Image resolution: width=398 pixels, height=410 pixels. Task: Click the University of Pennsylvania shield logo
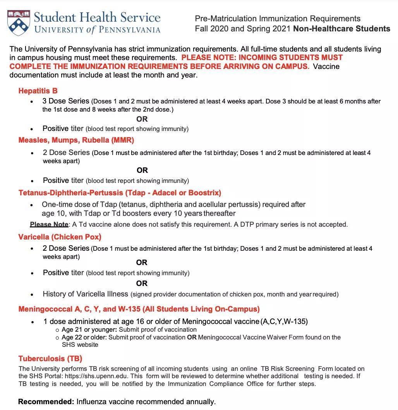pos(19,23)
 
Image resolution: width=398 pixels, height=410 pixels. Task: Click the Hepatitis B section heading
pos(38,91)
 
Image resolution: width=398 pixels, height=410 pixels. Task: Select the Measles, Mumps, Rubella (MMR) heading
pos(76,140)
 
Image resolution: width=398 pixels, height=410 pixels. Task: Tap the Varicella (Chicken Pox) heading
pos(60,237)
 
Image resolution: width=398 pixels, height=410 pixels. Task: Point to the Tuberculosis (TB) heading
pos(50,358)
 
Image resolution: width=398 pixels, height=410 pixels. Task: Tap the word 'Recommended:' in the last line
pos(46,401)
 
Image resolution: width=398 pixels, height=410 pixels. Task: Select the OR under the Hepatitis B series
pos(142,119)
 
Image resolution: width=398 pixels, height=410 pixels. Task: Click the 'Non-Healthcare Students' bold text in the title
pos(341,29)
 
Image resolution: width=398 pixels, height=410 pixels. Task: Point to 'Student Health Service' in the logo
pos(97,17)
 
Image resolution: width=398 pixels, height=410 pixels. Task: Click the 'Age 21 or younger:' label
pos(89,329)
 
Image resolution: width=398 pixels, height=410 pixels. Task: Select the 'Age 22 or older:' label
pos(84,337)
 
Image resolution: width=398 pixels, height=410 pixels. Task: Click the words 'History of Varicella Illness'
pos(85,294)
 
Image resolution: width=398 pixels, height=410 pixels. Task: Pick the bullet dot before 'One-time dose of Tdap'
pos(32,205)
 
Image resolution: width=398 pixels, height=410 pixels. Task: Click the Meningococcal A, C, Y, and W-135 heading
pos(139,309)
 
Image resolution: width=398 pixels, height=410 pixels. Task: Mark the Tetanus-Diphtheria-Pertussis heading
pos(120,193)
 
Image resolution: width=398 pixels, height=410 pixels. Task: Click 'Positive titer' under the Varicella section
pos(63,272)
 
